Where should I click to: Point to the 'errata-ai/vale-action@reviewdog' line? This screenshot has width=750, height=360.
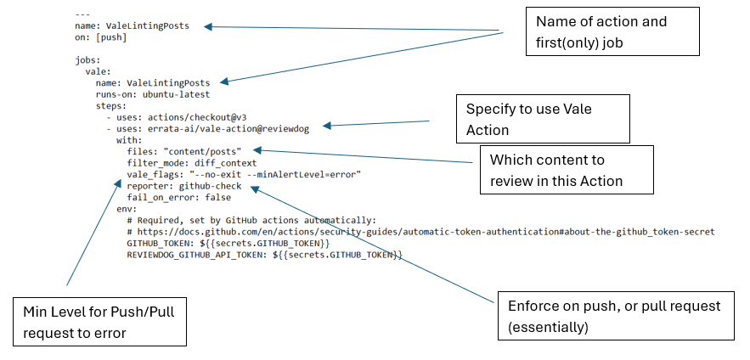coord(211,128)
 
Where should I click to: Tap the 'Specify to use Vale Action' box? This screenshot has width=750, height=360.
coord(543,119)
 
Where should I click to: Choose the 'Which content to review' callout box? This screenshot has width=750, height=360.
coord(566,170)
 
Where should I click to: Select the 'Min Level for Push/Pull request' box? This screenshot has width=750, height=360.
coord(100,321)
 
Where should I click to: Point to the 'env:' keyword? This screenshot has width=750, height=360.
coord(126,208)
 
